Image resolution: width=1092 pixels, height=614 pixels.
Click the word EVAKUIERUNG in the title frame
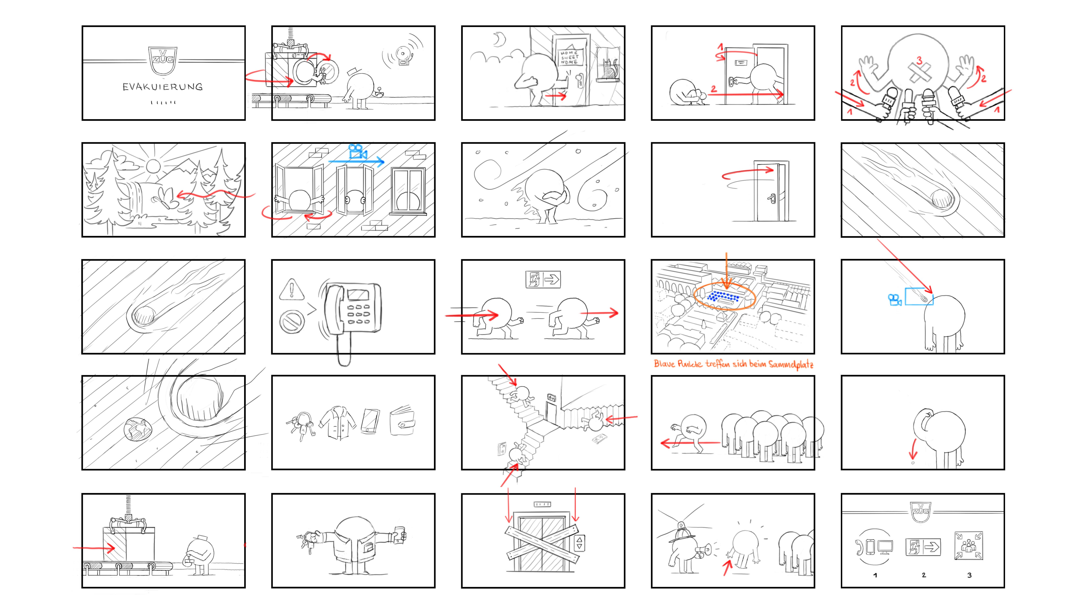[x=162, y=87]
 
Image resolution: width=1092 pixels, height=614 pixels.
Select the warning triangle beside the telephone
[x=292, y=289]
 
